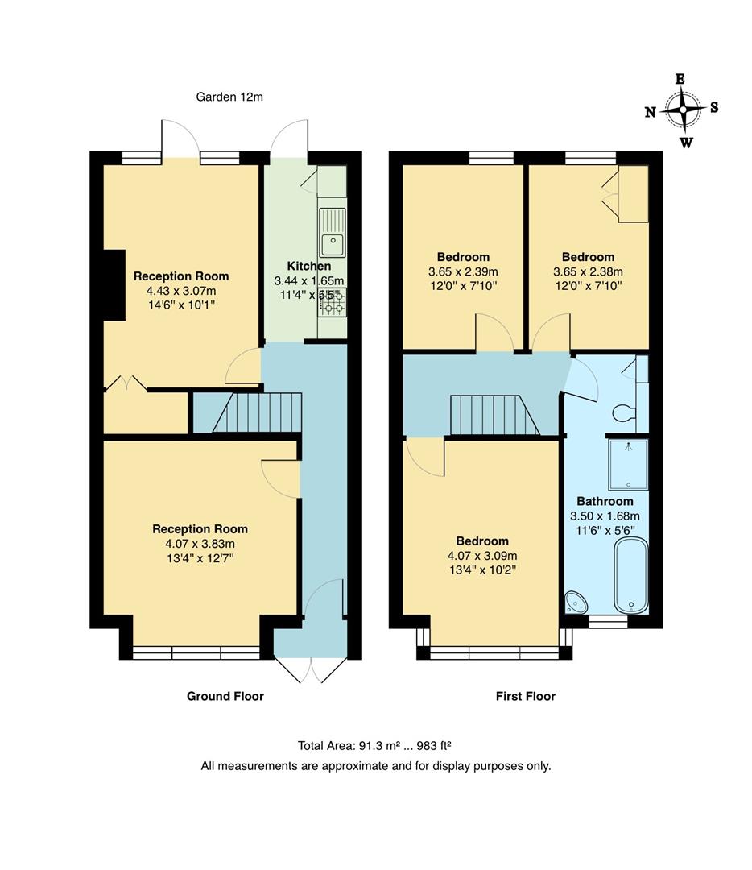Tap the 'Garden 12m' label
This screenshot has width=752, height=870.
click(229, 97)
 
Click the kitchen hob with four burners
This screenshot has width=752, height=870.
click(332, 302)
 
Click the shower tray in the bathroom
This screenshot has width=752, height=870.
click(628, 465)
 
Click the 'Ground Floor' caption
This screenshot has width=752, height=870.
click(225, 696)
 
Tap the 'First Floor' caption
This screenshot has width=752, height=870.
click(525, 696)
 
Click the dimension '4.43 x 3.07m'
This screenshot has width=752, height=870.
click(181, 291)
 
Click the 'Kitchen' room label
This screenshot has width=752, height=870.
click(309, 266)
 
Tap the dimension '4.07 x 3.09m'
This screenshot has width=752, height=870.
click(482, 556)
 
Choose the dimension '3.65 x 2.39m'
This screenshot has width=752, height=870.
click(463, 271)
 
